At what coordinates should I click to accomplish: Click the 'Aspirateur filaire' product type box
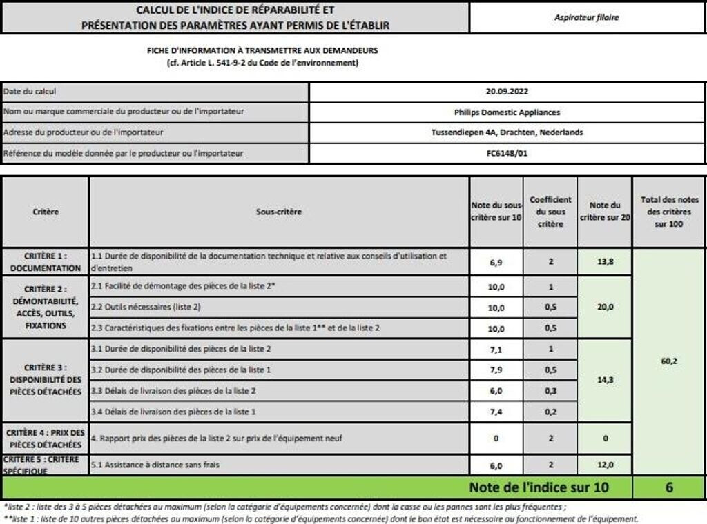(586, 17)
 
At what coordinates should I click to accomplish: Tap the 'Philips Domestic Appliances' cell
(507, 112)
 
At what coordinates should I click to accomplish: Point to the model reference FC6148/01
(507, 153)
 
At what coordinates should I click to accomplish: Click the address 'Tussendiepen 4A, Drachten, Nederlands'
(507, 132)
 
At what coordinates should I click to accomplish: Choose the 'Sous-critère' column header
(279, 212)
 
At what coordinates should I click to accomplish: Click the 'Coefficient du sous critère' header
(550, 212)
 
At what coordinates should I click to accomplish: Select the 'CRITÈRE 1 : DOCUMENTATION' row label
(45, 261)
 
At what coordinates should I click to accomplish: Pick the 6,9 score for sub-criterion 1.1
(496, 262)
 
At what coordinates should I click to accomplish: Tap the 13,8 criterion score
(604, 262)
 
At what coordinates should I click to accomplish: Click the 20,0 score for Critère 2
(604, 307)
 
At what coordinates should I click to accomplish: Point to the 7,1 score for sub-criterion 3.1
(496, 350)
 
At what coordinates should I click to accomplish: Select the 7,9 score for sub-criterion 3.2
(496, 370)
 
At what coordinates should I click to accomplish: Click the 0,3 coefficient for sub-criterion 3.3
(550, 391)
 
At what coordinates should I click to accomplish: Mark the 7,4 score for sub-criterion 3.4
(496, 412)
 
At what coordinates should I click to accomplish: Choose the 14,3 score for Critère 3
(604, 380)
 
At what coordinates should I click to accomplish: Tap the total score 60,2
(669, 360)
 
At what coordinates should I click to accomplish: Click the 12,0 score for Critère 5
(604, 465)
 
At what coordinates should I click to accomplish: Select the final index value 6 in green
(669, 487)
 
